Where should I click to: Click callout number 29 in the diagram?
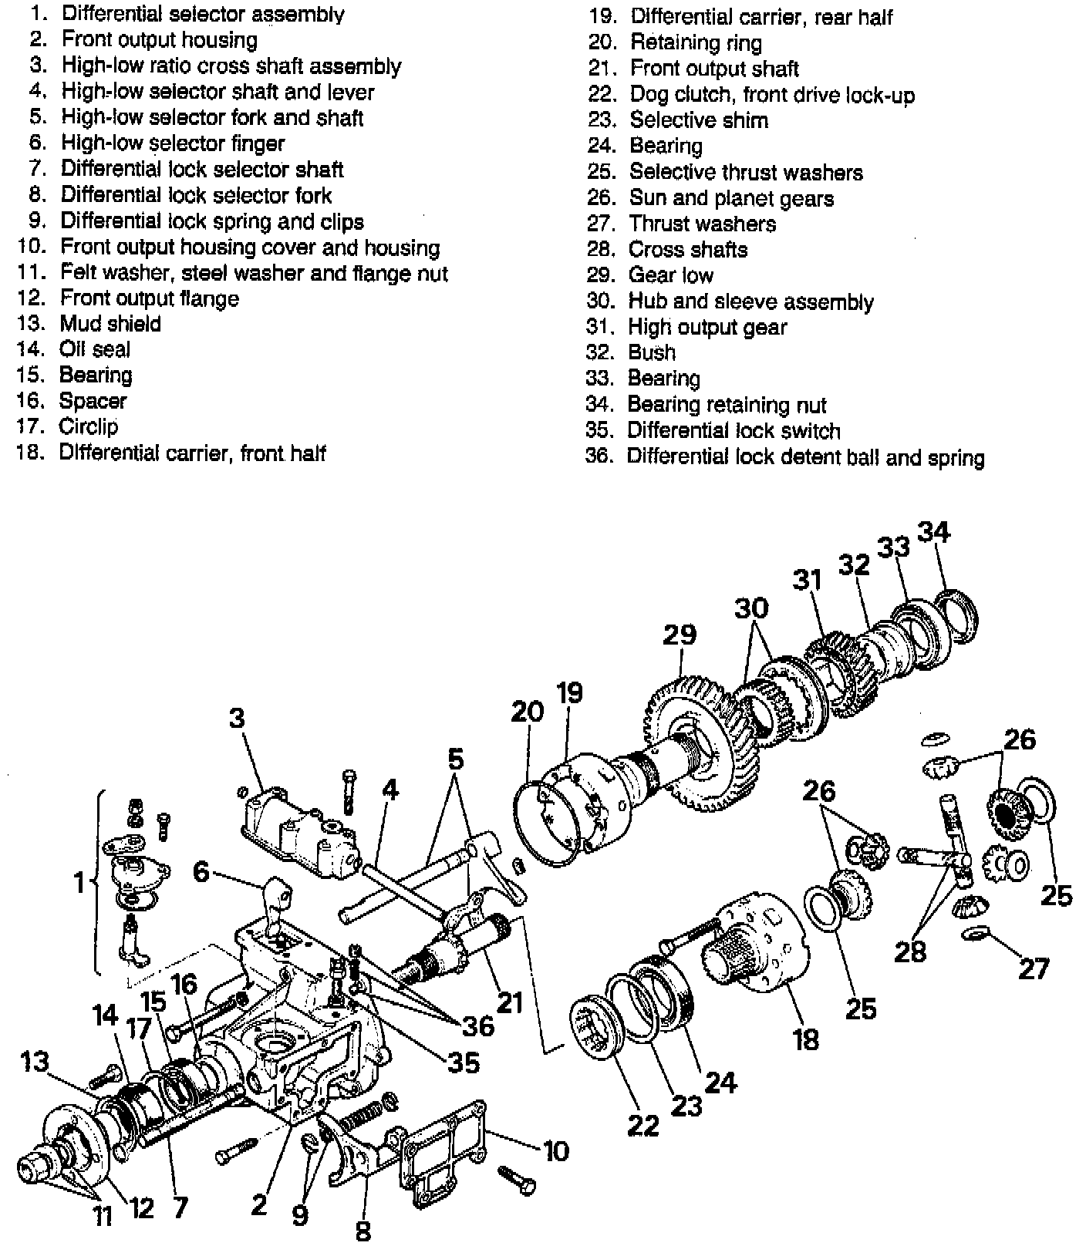(x=679, y=634)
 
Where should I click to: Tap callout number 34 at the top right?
(x=933, y=532)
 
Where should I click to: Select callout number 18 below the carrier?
(x=805, y=1039)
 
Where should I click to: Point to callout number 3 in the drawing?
(x=237, y=717)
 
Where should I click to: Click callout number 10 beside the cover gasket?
(x=555, y=1150)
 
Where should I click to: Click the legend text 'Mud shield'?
(x=110, y=323)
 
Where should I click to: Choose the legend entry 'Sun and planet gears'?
(x=731, y=198)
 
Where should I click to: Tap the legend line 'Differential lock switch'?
(x=734, y=430)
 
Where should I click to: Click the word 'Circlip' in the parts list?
(x=89, y=426)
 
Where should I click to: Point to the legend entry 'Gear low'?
(x=671, y=275)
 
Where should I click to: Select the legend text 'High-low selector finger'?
(x=173, y=143)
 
